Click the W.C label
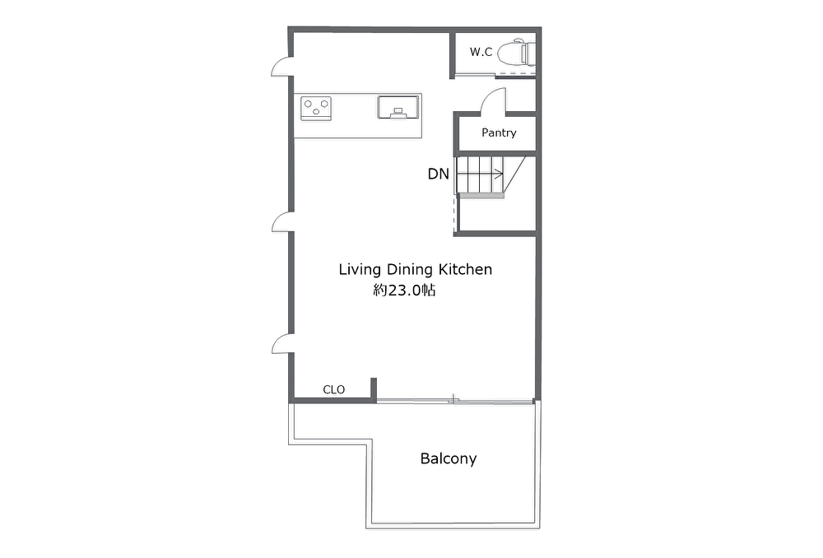point(481,52)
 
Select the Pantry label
point(499,133)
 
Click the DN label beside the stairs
point(439,174)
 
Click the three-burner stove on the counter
point(315,108)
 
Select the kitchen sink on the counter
point(398,107)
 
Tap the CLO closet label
point(334,389)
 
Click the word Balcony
point(449,458)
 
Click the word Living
point(360,270)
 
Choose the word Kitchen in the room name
point(465,269)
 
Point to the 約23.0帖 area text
point(404,291)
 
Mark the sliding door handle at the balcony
point(453,400)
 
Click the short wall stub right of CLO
point(374,389)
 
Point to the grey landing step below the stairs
point(481,196)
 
